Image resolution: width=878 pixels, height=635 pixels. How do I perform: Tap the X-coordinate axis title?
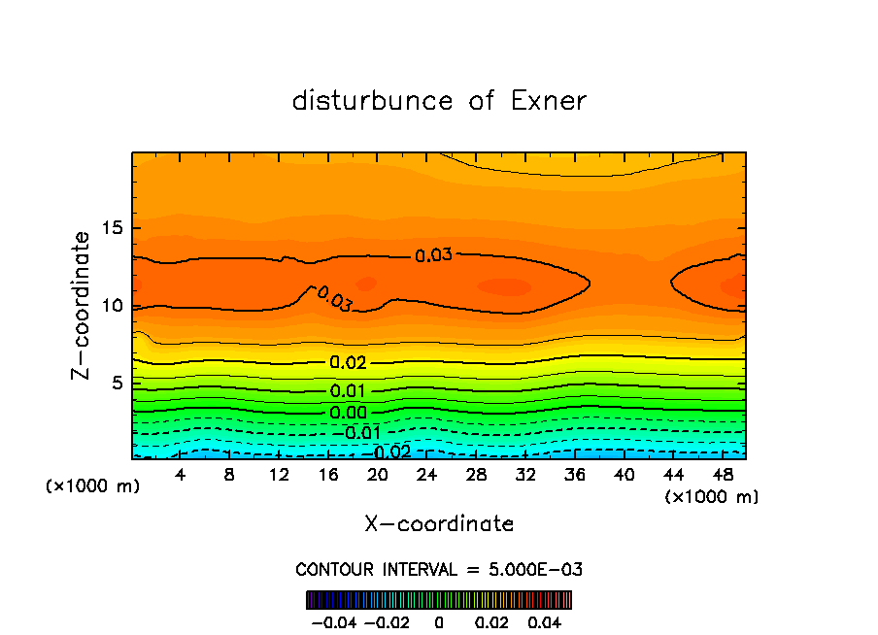click(439, 524)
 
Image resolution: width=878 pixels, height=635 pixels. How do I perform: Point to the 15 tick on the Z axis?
click(112, 229)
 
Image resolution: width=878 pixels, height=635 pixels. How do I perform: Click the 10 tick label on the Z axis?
click(112, 306)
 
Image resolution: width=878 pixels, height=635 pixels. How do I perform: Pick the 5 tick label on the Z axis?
click(118, 384)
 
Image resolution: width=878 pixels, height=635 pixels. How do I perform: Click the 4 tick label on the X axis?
click(181, 475)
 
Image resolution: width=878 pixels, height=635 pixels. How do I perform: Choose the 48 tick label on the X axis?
click(723, 475)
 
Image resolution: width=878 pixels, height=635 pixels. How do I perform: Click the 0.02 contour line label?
click(348, 363)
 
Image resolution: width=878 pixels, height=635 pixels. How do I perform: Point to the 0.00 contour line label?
click(348, 413)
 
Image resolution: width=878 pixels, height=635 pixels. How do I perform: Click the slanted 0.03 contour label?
click(334, 299)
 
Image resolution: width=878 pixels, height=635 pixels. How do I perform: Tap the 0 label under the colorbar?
click(439, 620)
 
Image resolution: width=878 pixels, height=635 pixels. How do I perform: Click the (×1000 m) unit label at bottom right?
click(711, 497)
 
